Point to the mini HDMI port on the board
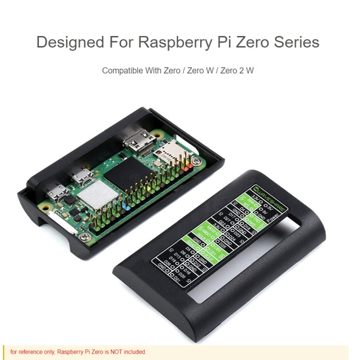point(139,140)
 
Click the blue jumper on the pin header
point(128,207)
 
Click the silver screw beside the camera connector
point(84,236)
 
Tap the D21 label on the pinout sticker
point(177,279)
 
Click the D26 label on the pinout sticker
point(168,263)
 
